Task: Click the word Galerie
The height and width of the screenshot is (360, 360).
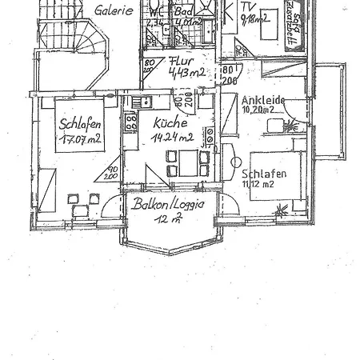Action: click(114, 11)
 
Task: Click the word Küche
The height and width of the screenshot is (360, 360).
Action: click(169, 124)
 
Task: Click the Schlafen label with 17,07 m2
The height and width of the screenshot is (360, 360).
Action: click(80, 124)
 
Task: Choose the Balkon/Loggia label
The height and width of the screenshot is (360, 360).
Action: click(169, 204)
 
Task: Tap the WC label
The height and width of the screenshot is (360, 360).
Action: click(157, 13)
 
